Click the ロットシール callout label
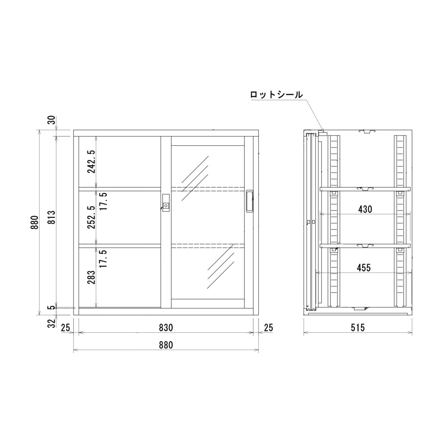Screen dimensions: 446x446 pos(277,95)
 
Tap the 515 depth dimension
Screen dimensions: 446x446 pos(358,328)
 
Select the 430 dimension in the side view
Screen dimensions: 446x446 pos(364,209)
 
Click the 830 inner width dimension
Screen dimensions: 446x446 pos(165,328)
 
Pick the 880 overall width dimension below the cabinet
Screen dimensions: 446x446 pos(165,345)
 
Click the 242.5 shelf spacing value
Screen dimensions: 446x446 pos(91,161)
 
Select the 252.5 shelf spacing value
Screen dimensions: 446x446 pos(91,218)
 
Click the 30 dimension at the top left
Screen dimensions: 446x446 pos(52,120)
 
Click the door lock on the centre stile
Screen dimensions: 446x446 pos(166,204)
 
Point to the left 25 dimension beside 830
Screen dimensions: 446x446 pos(65,328)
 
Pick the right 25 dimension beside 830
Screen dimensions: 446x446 pos(268,328)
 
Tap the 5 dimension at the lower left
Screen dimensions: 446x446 pos(52,307)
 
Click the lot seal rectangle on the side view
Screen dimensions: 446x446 pos(323,132)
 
